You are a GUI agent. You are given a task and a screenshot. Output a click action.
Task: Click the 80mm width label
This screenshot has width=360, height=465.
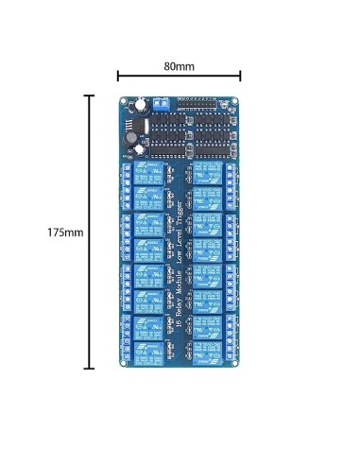point(179,67)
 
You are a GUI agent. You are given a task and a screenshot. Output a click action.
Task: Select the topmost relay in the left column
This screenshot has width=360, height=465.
point(148,174)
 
